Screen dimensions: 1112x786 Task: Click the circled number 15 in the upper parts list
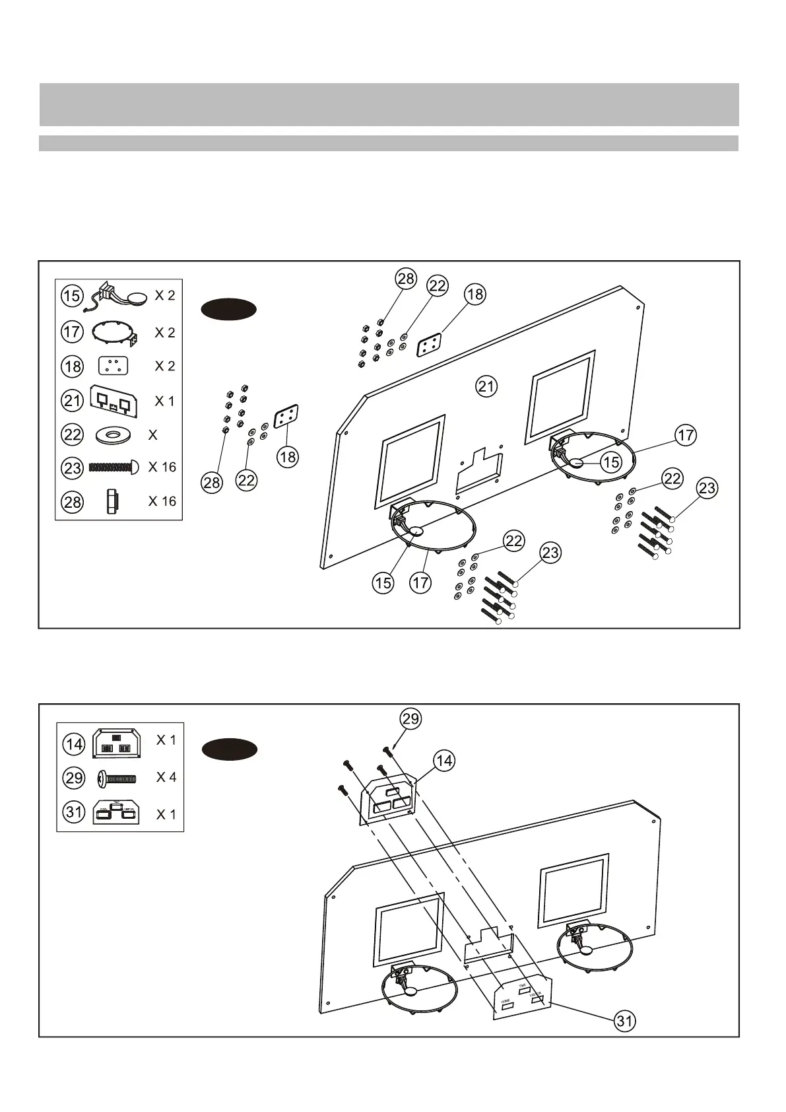pos(73,296)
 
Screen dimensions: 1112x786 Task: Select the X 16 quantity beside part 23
pos(162,468)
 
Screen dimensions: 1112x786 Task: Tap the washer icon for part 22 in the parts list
pos(114,435)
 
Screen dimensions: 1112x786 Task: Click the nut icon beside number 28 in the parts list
pos(110,501)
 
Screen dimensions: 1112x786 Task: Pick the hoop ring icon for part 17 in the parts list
pos(114,331)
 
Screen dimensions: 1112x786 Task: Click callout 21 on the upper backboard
pos(486,386)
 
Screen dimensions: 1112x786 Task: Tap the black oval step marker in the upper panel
pos(228,309)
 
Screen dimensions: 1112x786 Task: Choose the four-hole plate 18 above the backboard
pos(430,345)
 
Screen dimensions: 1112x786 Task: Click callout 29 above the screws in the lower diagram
pos(410,718)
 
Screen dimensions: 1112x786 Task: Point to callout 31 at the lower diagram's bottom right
pos(624,1021)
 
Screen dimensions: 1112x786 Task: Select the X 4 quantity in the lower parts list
pos(166,777)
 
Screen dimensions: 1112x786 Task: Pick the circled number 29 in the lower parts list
pos(74,778)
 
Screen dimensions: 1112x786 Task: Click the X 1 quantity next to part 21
pos(164,401)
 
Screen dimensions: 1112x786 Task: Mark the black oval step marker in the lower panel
pos(229,749)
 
